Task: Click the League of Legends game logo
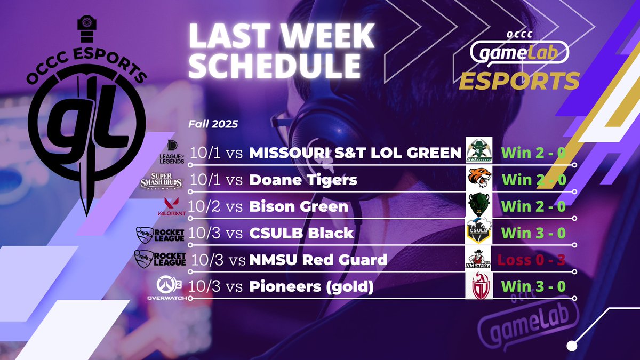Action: point(172,153)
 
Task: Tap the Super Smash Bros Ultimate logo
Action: point(162,180)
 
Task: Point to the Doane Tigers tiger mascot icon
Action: point(479,179)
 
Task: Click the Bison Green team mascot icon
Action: point(479,205)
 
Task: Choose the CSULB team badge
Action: point(479,232)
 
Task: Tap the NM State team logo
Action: point(479,260)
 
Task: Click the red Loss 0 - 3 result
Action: point(531,260)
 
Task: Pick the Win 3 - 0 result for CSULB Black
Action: point(533,233)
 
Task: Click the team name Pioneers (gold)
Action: point(311,287)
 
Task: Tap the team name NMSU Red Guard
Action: point(318,260)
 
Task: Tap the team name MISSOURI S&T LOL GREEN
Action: point(355,153)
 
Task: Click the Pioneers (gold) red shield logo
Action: point(479,286)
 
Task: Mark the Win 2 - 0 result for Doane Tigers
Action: point(533,180)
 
